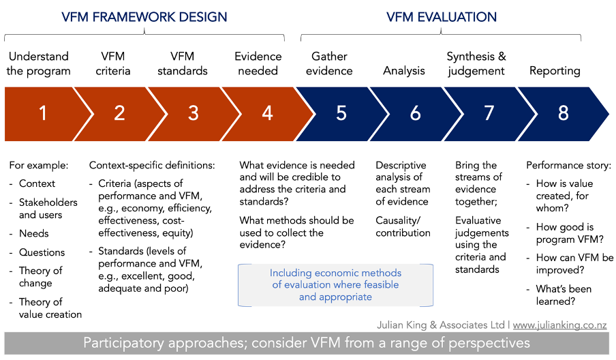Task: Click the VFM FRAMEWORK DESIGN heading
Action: pos(144,17)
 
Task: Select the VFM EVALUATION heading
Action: pos(441,17)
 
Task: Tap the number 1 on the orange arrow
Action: pos(43,113)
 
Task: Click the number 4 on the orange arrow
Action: pos(268,113)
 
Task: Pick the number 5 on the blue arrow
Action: pos(341,113)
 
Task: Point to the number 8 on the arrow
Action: pos(564,113)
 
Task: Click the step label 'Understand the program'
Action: pos(38,63)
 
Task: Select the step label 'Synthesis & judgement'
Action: pos(476,63)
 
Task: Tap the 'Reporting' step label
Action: pos(555,71)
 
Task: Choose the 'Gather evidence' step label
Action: pos(329,63)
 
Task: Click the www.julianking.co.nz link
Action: pos(560,325)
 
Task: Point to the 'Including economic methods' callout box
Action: pos(335,285)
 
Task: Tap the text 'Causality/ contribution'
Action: pos(403,226)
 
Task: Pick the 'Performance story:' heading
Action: pos(569,166)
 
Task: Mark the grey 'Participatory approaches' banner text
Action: pos(307,343)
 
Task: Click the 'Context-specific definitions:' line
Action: pos(152,166)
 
